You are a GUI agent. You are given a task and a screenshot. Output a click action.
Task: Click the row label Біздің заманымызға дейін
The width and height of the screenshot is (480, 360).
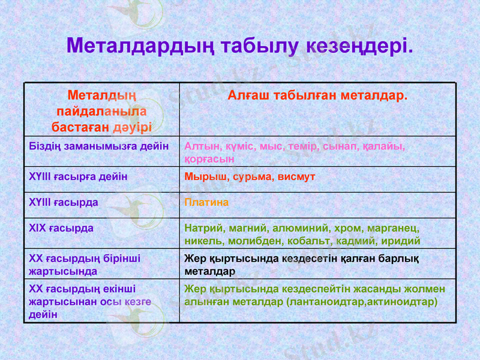point(99,146)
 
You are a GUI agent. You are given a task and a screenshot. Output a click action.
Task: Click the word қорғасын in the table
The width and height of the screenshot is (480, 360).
point(209,158)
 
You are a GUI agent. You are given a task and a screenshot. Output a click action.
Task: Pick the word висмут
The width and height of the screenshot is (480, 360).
point(296,177)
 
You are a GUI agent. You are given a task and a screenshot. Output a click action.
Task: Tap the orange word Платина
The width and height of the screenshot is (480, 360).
point(206,203)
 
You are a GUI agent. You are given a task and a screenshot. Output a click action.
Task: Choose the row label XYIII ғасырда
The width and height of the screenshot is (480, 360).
point(64,203)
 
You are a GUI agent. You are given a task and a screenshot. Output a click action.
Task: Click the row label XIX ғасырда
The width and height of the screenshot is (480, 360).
point(61,229)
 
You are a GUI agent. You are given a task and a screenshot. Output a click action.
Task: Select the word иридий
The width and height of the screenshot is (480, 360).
point(401,241)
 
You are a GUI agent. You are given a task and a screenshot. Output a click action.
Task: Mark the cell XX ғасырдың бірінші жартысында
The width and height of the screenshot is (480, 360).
point(85,265)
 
